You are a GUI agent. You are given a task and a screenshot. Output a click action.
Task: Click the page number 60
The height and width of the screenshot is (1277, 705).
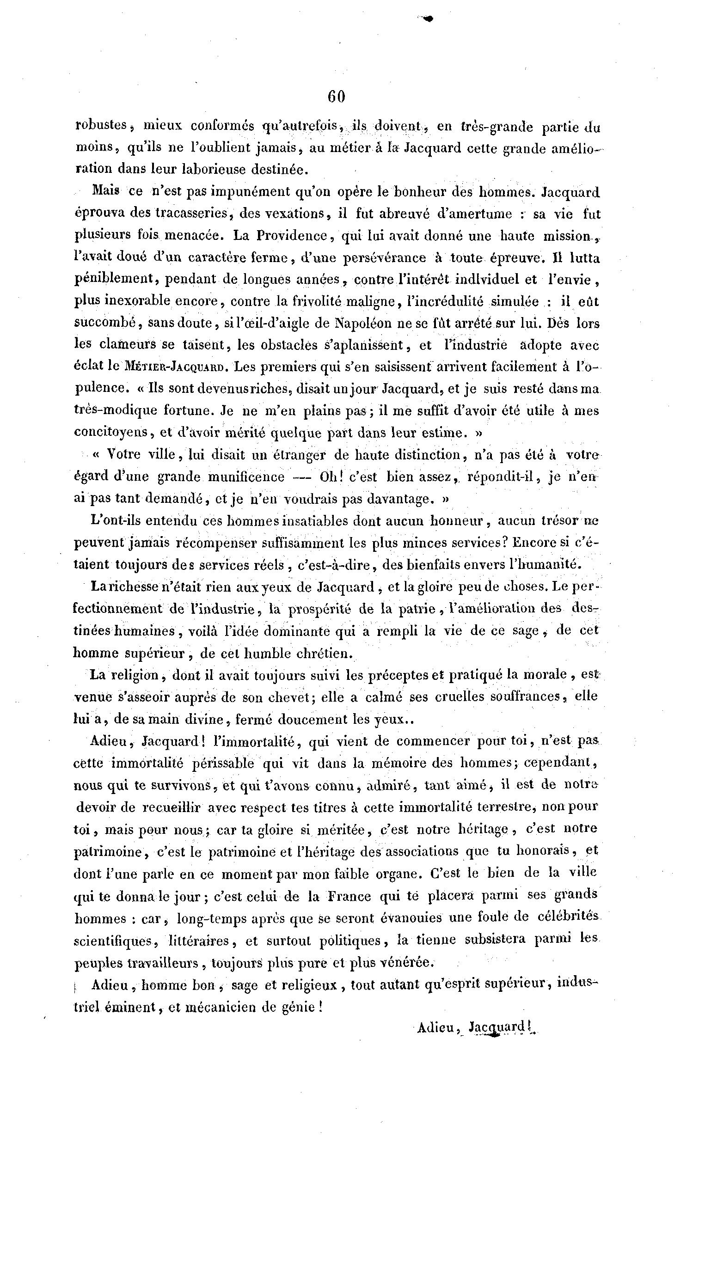point(336,96)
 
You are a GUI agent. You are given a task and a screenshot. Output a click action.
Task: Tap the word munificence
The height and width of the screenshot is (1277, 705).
point(246,477)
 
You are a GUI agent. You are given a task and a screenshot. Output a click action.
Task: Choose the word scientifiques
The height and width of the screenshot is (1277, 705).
point(112,941)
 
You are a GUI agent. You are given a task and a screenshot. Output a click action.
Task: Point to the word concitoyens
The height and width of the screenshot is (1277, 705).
point(111,432)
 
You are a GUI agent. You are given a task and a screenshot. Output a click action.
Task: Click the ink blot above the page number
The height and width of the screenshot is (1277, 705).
point(427,19)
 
